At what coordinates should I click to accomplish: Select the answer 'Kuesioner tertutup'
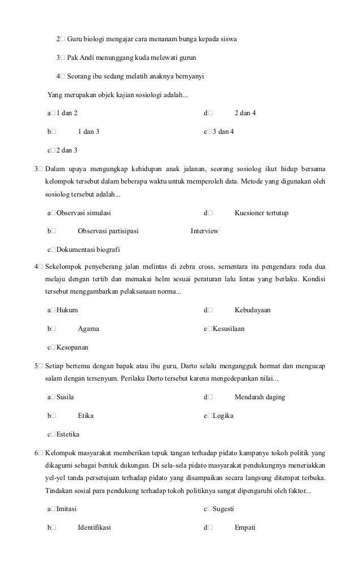pyautogui.click(x=261, y=213)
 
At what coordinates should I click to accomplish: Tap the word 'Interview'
pyautogui.click(x=204, y=231)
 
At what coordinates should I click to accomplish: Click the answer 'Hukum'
pyautogui.click(x=67, y=310)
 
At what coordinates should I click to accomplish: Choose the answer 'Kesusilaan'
pyautogui.click(x=229, y=328)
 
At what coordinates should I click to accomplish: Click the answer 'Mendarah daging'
pyautogui.click(x=260, y=397)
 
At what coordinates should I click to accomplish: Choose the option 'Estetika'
pyautogui.click(x=68, y=434)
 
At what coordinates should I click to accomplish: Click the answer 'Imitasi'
pyautogui.click(x=67, y=509)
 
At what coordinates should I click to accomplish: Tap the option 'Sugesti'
pyautogui.click(x=223, y=509)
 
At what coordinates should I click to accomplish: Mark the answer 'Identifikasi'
pyautogui.click(x=94, y=527)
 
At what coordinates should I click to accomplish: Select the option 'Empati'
pyautogui.click(x=245, y=527)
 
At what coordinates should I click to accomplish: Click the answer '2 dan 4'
pyautogui.click(x=245, y=113)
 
